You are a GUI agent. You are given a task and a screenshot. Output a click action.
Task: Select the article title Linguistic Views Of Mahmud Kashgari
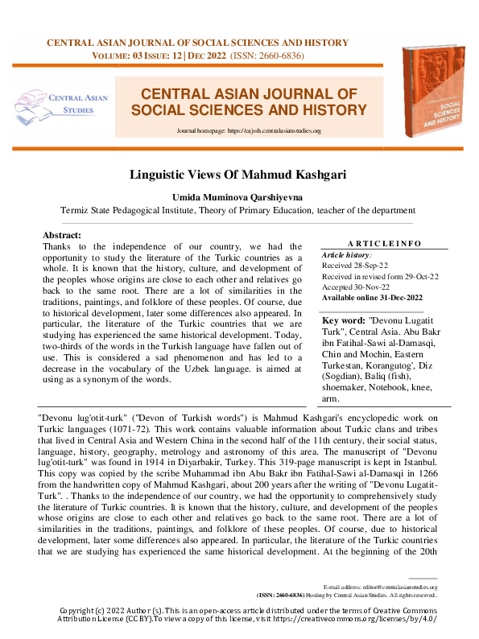239,174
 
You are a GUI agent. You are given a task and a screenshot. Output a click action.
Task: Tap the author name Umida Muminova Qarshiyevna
239,196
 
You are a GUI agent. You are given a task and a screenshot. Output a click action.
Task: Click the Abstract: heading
62,235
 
